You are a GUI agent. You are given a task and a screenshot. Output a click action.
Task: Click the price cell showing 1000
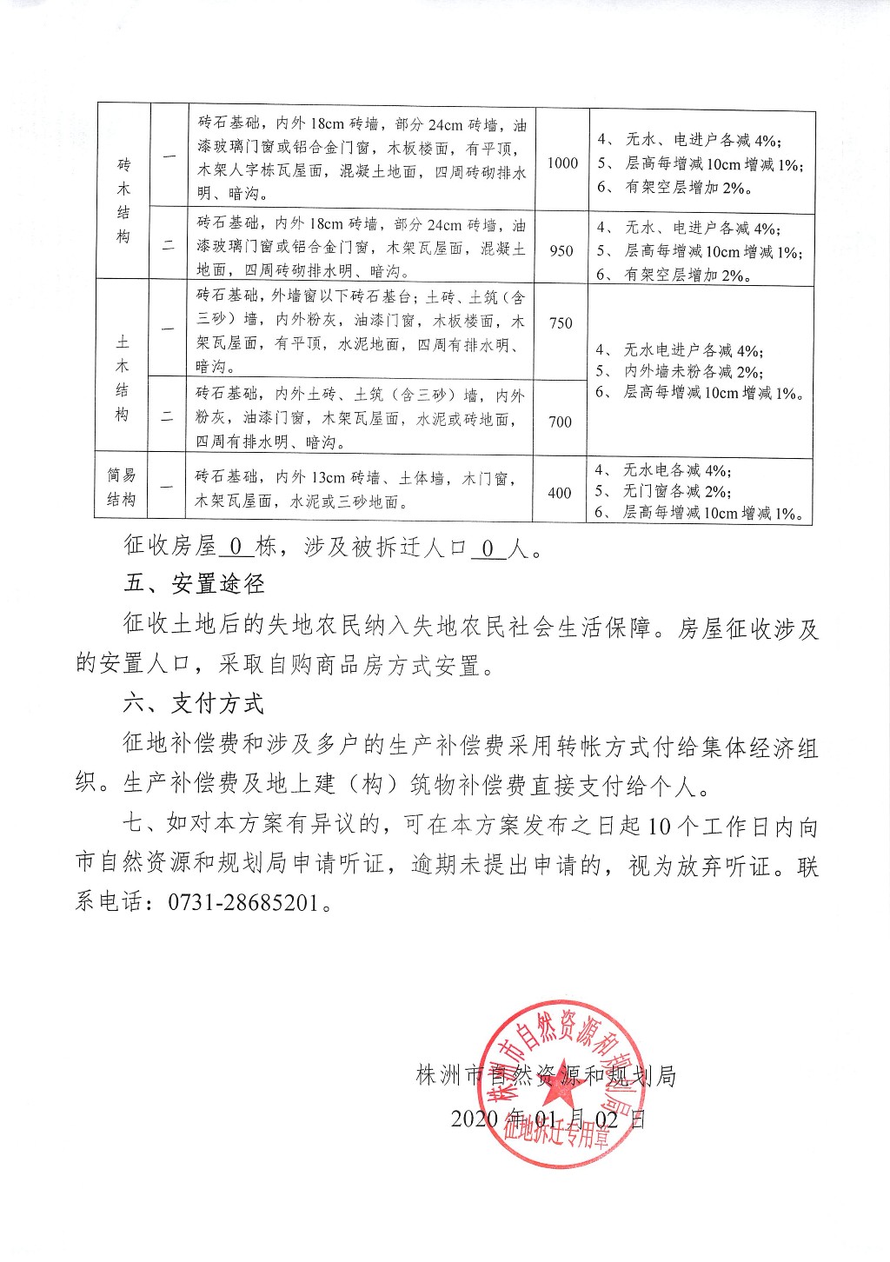562,163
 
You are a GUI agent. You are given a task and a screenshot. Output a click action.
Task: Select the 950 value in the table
561,250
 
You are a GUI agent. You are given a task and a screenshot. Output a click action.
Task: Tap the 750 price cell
561,322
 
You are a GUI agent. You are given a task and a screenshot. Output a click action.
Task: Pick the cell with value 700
560,422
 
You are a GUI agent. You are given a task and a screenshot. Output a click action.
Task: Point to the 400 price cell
560,493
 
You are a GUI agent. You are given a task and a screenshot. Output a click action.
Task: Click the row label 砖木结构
123,201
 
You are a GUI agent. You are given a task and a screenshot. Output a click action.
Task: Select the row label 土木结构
123,378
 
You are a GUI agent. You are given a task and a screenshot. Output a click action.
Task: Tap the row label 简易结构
122,488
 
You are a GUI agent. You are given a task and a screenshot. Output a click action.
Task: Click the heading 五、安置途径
194,584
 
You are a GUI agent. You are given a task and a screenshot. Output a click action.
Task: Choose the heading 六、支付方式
194,703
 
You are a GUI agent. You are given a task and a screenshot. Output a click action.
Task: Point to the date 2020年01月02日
548,1119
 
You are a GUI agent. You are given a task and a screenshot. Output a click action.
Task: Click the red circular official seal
561,1084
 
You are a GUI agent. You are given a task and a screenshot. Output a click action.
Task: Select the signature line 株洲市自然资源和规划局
546,1076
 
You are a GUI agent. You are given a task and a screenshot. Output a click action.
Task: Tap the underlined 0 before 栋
235,548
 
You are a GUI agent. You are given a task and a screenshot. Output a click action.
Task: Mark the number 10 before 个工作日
660,826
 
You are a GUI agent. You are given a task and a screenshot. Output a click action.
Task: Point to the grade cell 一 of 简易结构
167,488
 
